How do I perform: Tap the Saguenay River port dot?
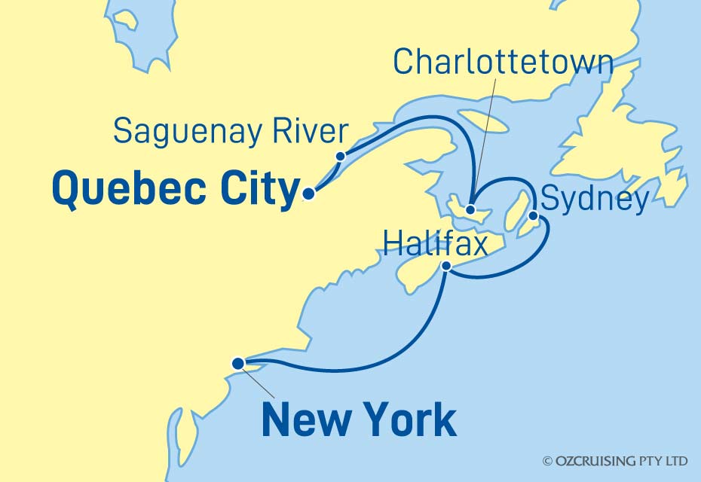[340, 157]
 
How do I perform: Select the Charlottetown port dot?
[470, 210]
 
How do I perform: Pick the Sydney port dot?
[534, 217]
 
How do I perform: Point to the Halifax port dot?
[447, 266]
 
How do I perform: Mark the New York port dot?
[239, 363]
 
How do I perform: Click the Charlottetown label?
[503, 63]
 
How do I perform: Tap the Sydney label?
[595, 200]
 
